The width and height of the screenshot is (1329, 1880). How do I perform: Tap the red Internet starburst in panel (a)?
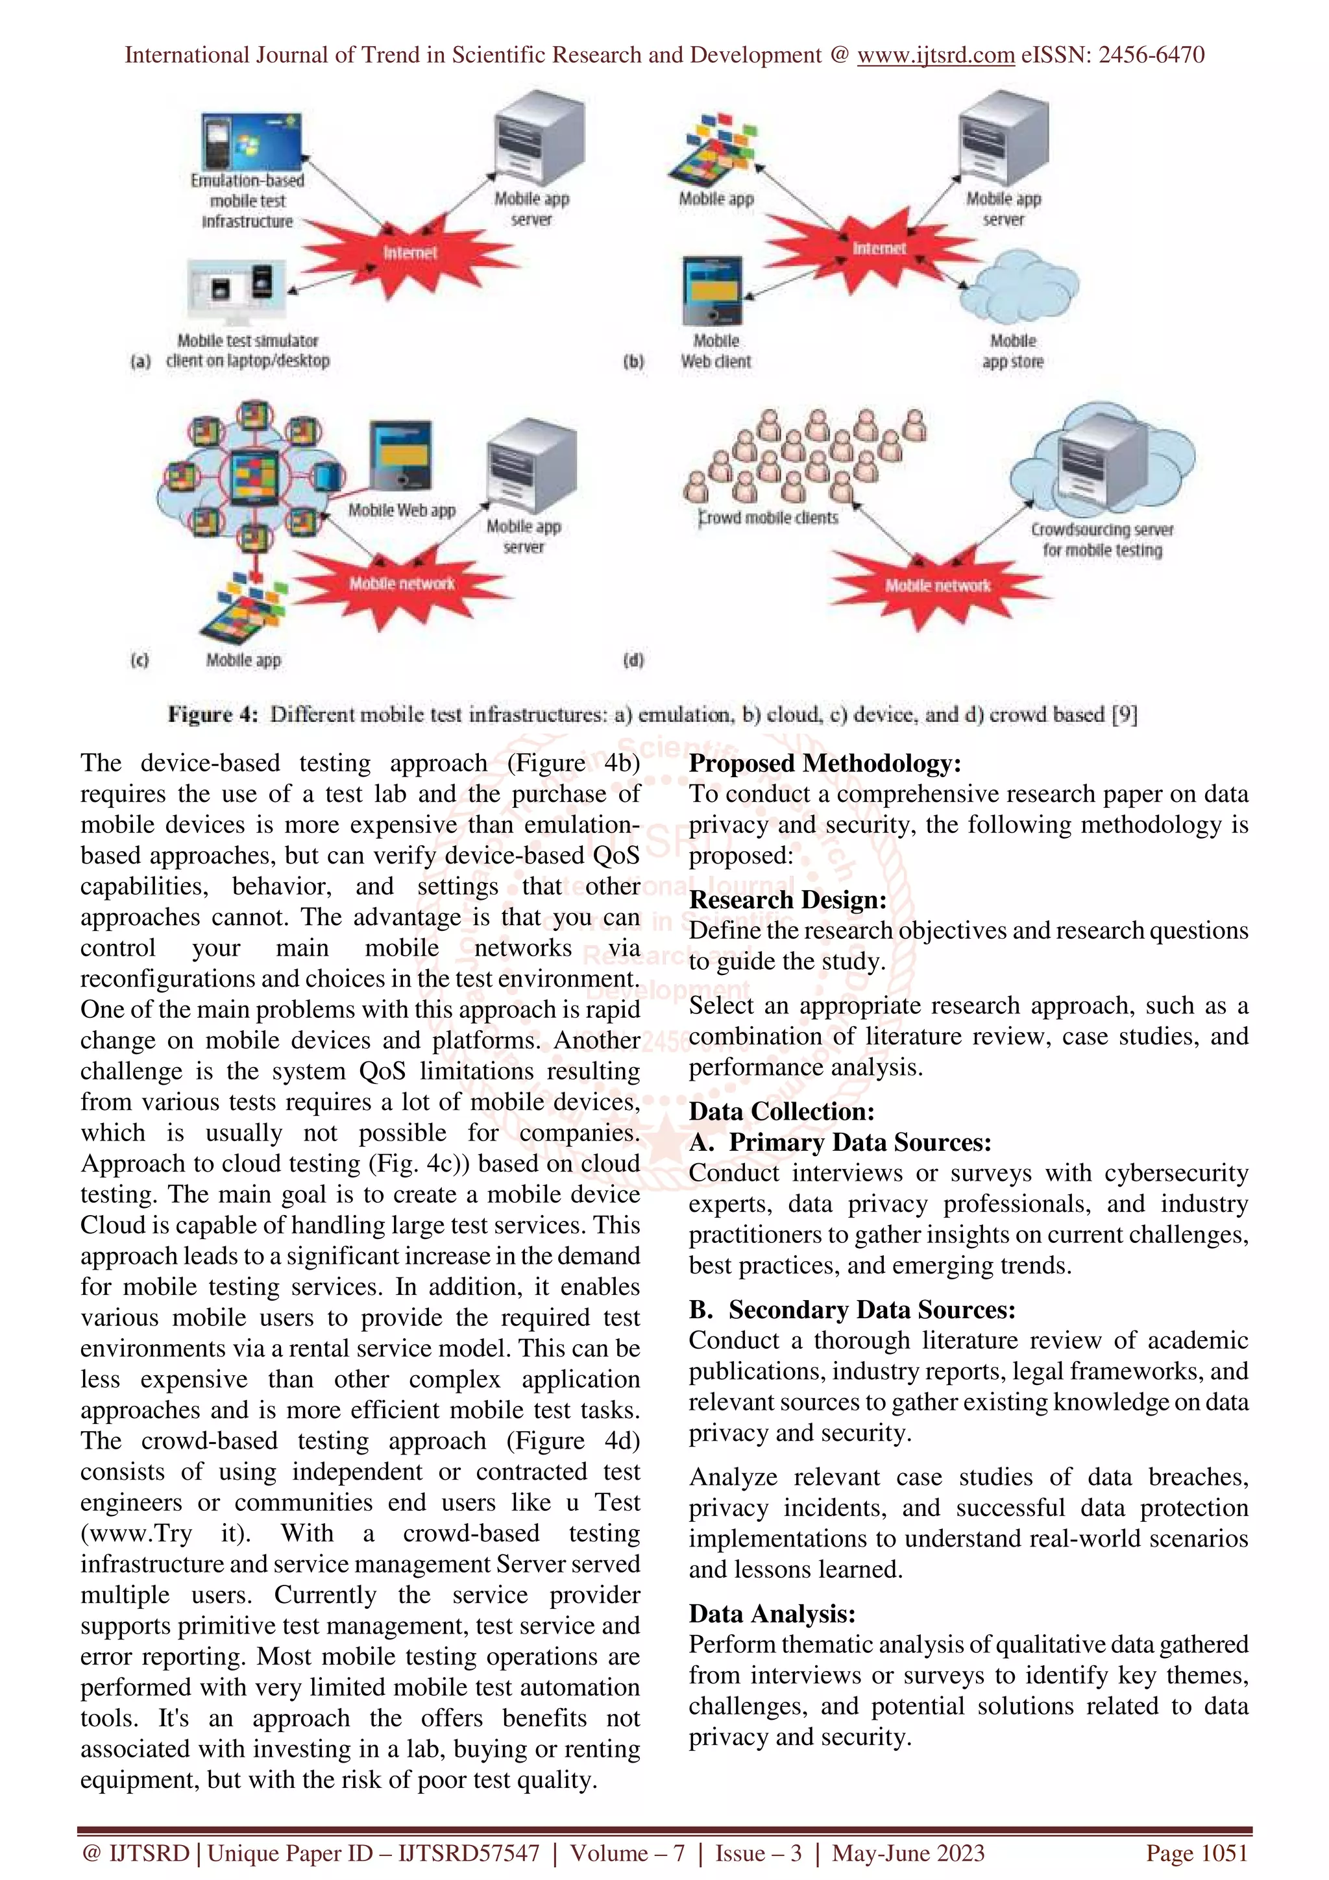tap(409, 252)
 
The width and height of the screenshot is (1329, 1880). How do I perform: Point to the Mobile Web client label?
tap(716, 351)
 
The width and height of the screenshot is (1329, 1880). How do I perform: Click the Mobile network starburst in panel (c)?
tap(401, 583)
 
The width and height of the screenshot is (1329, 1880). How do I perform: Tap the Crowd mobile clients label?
tap(768, 518)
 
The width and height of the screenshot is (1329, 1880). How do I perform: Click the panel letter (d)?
tap(633, 659)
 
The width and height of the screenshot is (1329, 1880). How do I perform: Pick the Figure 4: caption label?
tap(213, 715)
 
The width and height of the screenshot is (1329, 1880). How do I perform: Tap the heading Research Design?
tap(787, 900)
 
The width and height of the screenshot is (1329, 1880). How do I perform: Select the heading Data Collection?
tap(781, 1111)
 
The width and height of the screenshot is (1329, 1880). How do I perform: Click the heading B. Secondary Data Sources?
tap(851, 1309)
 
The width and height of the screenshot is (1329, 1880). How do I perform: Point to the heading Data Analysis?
tap(772, 1613)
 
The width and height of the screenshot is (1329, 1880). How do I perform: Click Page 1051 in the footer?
tap(1197, 1852)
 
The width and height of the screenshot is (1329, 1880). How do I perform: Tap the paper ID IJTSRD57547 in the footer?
tap(469, 1852)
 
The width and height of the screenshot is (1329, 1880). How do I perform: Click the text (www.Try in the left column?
tap(137, 1533)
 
